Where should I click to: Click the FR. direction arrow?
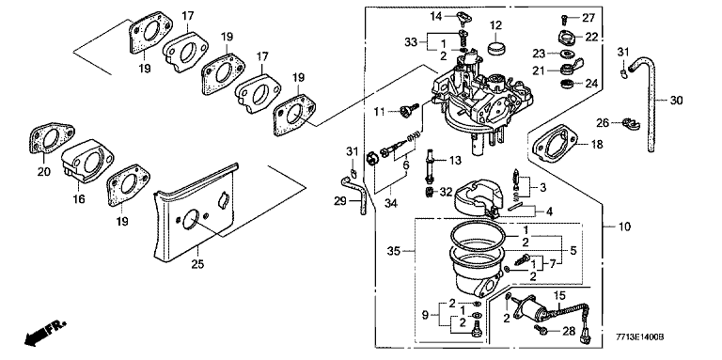click(45, 333)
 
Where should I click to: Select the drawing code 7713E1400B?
click(640, 337)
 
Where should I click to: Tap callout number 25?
click(197, 264)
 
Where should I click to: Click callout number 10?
click(625, 227)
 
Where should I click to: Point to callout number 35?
click(394, 251)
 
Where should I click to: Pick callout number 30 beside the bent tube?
click(677, 100)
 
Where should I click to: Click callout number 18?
click(597, 145)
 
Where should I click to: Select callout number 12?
click(495, 24)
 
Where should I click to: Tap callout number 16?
click(79, 199)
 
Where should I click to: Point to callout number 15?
click(558, 293)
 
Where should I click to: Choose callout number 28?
click(570, 331)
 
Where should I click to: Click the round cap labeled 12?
click(495, 47)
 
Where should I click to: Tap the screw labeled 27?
click(564, 19)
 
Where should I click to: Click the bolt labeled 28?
click(541, 329)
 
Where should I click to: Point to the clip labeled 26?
click(628, 123)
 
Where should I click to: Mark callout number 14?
click(436, 17)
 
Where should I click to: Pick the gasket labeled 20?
click(52, 137)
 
